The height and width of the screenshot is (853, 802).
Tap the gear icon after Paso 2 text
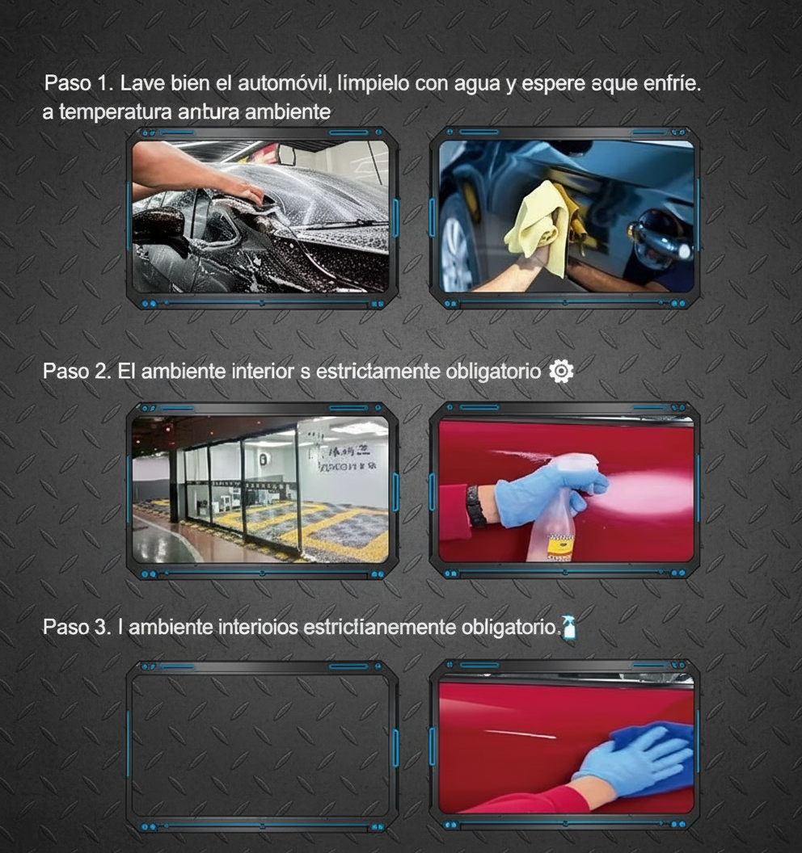(x=561, y=371)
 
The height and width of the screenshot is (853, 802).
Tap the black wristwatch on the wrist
(x=476, y=506)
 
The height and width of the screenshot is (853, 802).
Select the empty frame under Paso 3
(x=260, y=743)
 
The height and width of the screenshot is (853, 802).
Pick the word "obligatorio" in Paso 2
(x=494, y=372)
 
